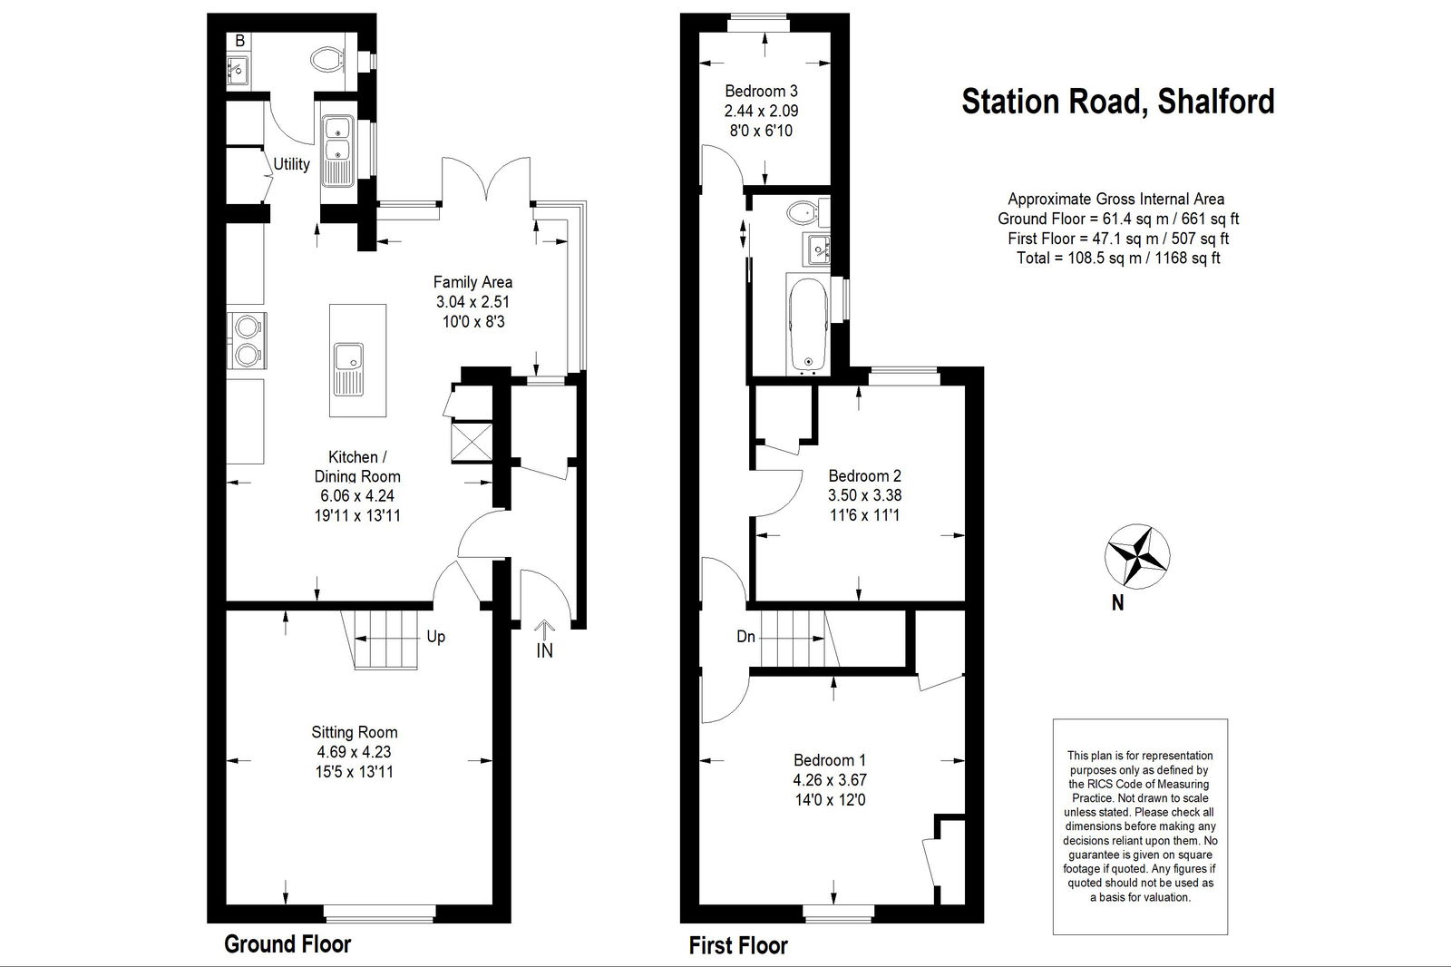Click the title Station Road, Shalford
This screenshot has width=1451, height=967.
tap(1118, 102)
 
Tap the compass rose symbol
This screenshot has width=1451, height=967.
tap(1137, 556)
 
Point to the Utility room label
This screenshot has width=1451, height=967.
tap(291, 164)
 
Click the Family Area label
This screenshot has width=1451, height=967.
tap(472, 282)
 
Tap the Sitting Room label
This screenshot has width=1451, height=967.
tap(355, 732)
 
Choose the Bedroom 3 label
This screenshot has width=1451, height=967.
tap(761, 91)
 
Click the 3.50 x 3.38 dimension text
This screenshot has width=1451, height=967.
tap(865, 495)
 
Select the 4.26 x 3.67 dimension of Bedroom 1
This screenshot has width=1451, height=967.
tap(830, 780)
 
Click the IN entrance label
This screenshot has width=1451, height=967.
tap(544, 650)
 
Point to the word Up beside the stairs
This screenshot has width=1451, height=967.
tap(436, 637)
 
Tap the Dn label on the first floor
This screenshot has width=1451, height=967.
tap(745, 637)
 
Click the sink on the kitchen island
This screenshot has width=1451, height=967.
tap(349, 369)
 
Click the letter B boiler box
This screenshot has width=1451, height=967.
tap(239, 41)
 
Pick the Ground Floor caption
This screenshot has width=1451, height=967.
tap(287, 943)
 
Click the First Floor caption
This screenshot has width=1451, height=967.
tap(738, 945)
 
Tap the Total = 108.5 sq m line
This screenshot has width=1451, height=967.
tap(1118, 258)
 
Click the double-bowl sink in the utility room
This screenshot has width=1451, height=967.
tap(338, 151)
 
